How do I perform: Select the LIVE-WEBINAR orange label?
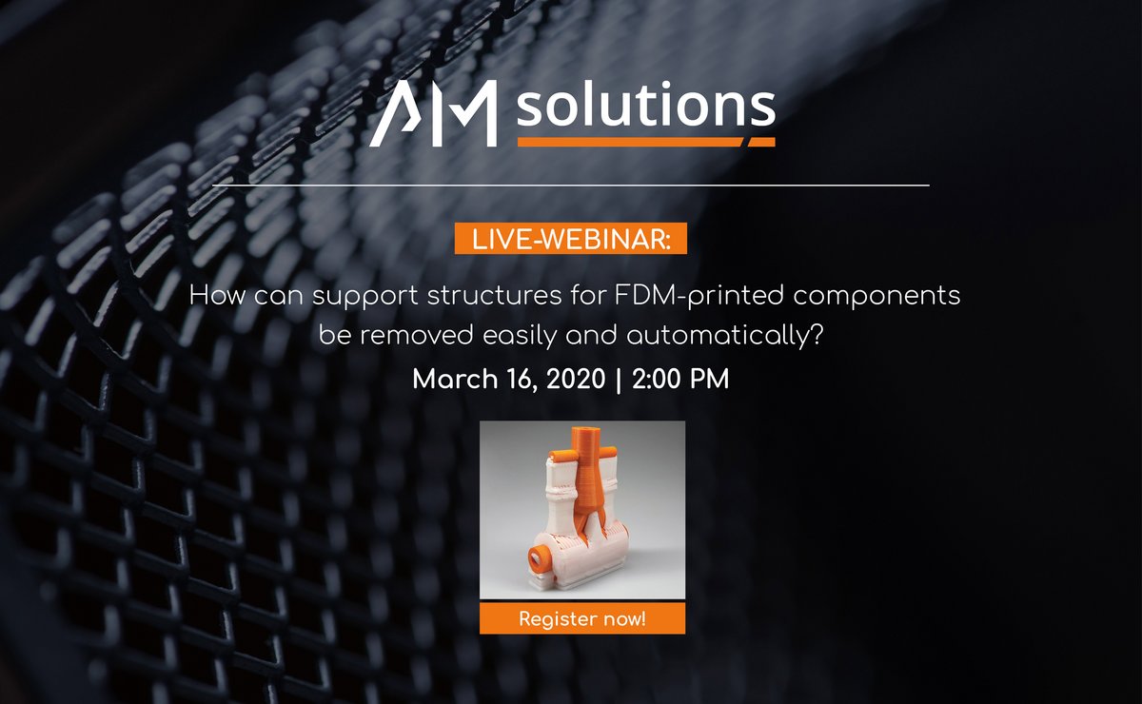pyautogui.click(x=570, y=241)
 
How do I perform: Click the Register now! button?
pyautogui.click(x=582, y=619)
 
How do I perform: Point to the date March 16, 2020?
pyautogui.click(x=509, y=379)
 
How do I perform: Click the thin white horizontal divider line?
pyautogui.click(x=571, y=185)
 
